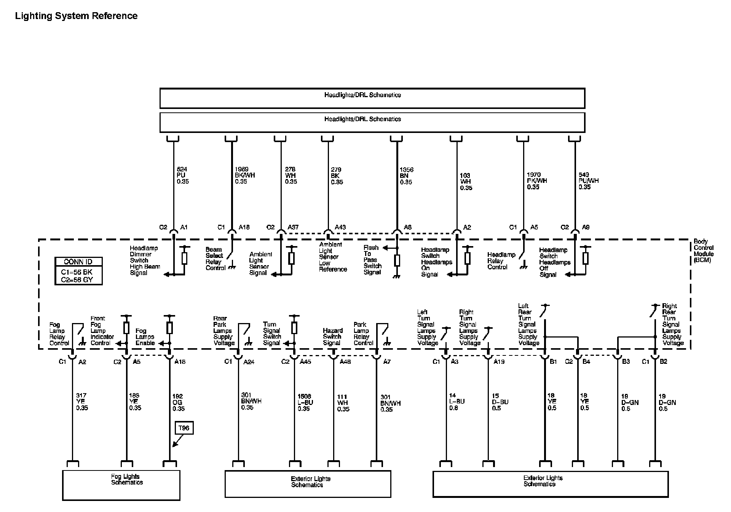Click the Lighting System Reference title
click(76, 16)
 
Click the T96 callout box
click(184, 428)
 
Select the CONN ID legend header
click(78, 262)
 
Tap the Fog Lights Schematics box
click(121, 485)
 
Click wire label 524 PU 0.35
click(183, 175)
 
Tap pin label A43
click(340, 227)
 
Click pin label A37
click(293, 227)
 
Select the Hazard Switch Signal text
click(333, 337)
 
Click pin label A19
click(499, 362)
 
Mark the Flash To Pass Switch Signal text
click(372, 260)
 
